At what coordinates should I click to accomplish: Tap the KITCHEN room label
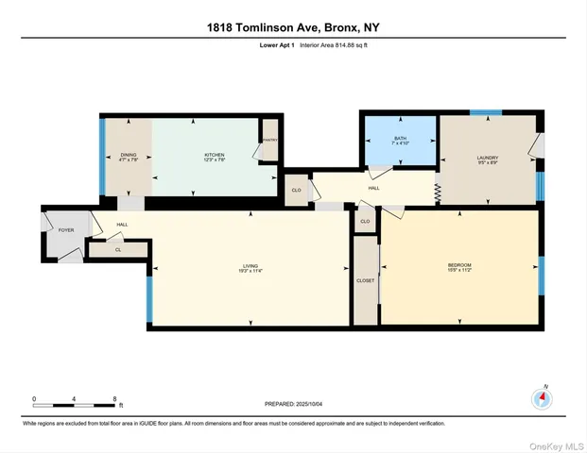[215, 155]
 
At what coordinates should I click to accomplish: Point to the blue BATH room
[399, 142]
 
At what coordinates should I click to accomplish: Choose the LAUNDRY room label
[487, 159]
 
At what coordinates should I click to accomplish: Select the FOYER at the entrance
[66, 230]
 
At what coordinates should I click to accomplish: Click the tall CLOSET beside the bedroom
[366, 280]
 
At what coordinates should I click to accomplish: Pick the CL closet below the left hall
[117, 250]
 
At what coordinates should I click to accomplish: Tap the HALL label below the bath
[373, 188]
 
